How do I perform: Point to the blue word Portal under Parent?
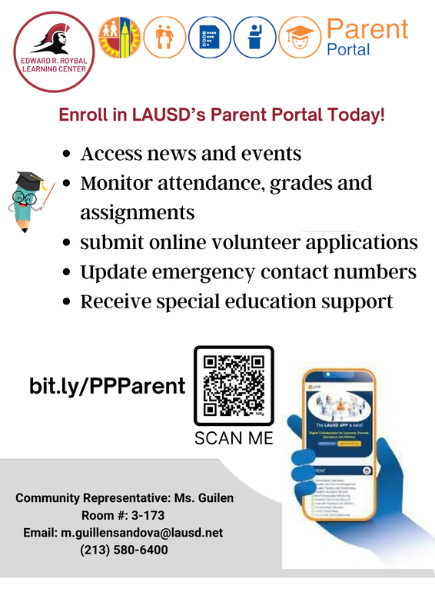[x=348, y=50]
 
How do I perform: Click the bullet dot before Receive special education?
[x=67, y=302]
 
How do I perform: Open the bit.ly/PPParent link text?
[x=108, y=385]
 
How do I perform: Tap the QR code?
[x=234, y=385]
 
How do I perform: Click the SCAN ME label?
[x=234, y=439]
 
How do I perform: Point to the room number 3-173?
[x=149, y=516]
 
